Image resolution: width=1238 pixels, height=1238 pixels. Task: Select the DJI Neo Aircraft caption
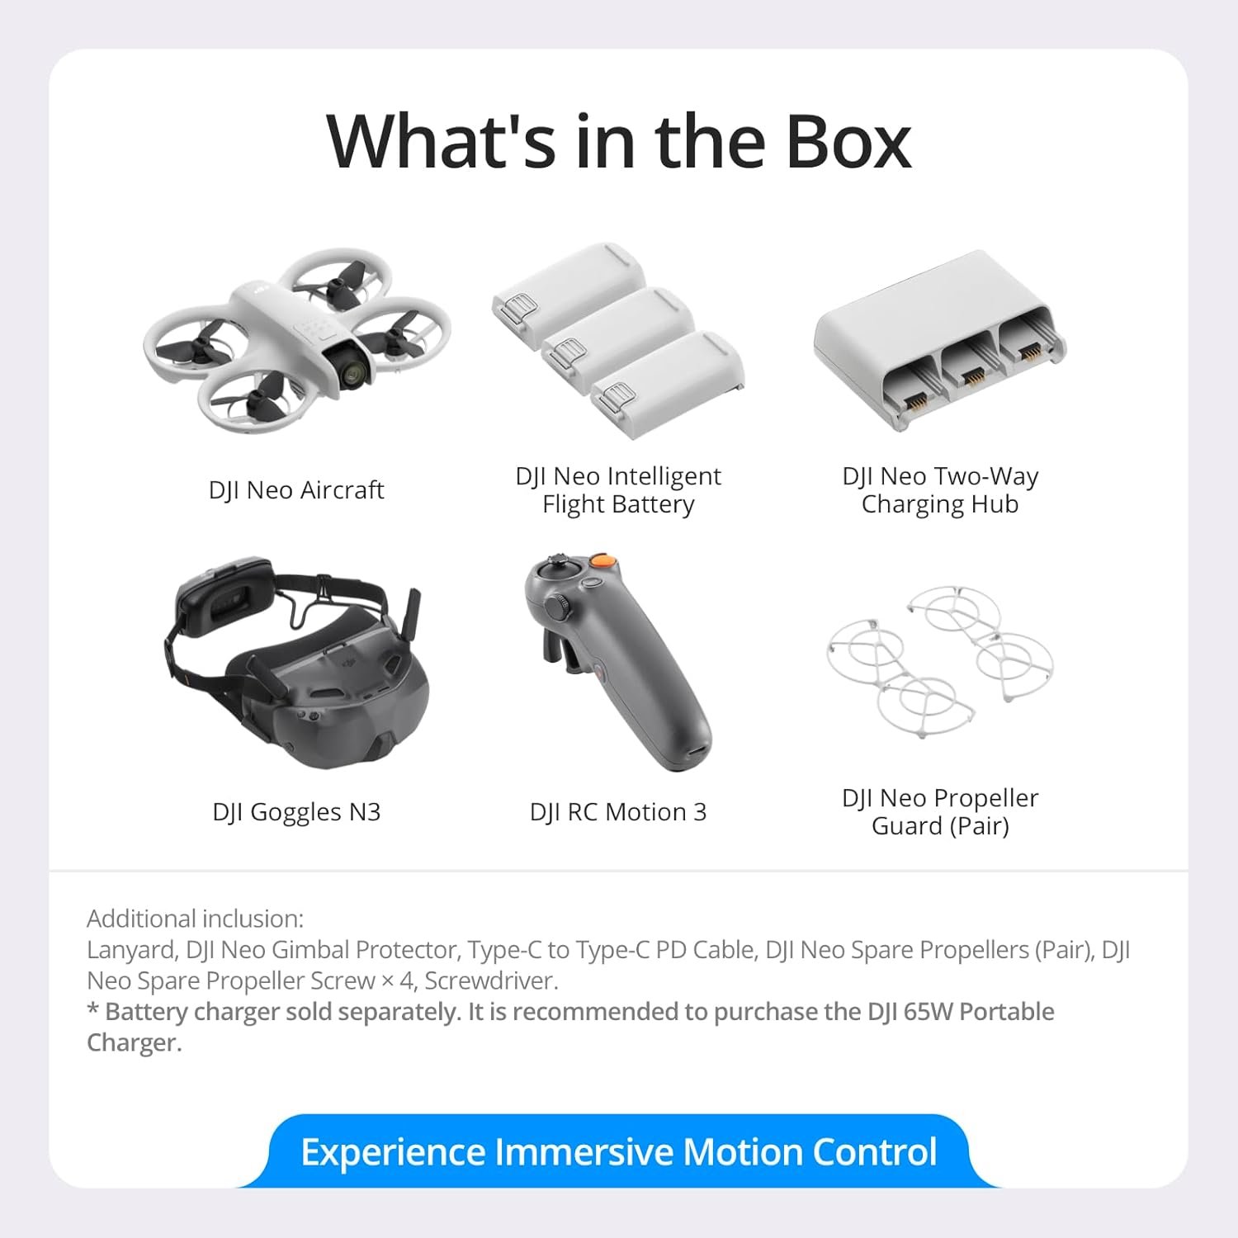tap(296, 490)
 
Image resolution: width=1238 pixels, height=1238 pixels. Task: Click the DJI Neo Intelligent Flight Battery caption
tap(618, 490)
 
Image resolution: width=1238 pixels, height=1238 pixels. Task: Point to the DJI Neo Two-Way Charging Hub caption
tap(940, 490)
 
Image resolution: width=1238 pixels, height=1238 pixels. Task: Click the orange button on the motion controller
tap(604, 561)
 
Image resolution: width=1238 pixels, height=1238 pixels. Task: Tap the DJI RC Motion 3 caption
tap(618, 812)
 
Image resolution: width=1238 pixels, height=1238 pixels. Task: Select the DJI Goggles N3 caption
tap(296, 812)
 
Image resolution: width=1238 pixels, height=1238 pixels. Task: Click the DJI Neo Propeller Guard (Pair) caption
tap(940, 812)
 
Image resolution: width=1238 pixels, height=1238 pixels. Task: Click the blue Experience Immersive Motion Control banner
tap(618, 1151)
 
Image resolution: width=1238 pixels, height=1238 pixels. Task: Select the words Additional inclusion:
tap(195, 919)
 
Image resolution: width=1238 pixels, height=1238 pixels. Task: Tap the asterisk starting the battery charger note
tap(93, 1010)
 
